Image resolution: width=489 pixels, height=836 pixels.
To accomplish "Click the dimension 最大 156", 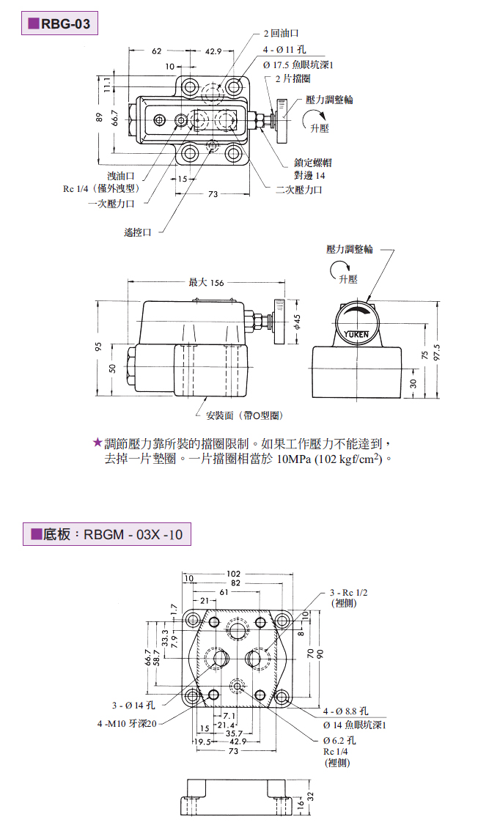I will [206, 282].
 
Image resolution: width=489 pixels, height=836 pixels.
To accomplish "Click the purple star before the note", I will [97, 443].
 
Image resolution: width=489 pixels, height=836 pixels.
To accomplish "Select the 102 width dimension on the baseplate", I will [233, 574].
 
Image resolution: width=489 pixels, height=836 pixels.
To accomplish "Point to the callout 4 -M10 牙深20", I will [127, 724].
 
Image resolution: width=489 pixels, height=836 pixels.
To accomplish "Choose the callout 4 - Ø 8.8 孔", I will [345, 711].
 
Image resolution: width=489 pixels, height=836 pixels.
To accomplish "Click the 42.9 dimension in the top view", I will [214, 51].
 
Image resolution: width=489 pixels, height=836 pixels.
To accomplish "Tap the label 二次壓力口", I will [298, 189].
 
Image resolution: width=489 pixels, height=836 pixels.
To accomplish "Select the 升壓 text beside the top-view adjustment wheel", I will [320, 127].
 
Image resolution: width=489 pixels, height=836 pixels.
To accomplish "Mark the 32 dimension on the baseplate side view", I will [310, 796].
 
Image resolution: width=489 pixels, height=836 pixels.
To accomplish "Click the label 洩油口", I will [121, 176].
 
